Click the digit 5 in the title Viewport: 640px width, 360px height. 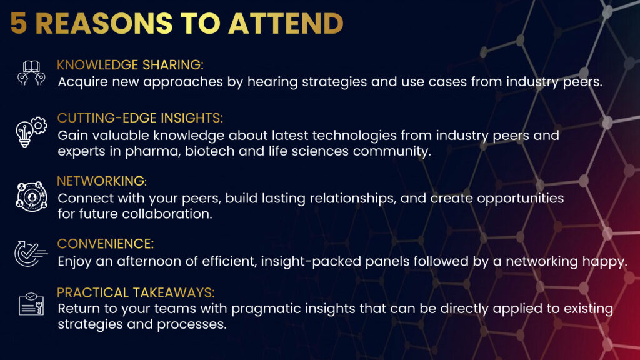click(19, 23)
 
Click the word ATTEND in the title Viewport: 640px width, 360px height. click(286, 23)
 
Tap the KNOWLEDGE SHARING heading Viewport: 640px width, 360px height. click(130, 65)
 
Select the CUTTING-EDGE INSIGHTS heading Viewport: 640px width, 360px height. click(140, 118)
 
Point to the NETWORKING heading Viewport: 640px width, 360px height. click(102, 181)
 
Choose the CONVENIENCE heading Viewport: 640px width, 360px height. click(105, 244)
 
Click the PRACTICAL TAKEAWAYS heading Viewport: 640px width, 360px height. click(136, 292)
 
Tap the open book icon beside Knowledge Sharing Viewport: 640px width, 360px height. click(31, 72)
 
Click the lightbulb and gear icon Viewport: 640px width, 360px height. click(31, 132)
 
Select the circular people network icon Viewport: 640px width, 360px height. click(31, 196)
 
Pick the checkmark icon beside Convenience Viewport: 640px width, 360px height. click(31, 254)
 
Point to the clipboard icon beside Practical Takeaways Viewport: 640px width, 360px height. click(31, 304)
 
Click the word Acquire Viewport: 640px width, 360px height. click(83, 82)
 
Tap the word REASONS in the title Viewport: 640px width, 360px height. click(104, 23)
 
